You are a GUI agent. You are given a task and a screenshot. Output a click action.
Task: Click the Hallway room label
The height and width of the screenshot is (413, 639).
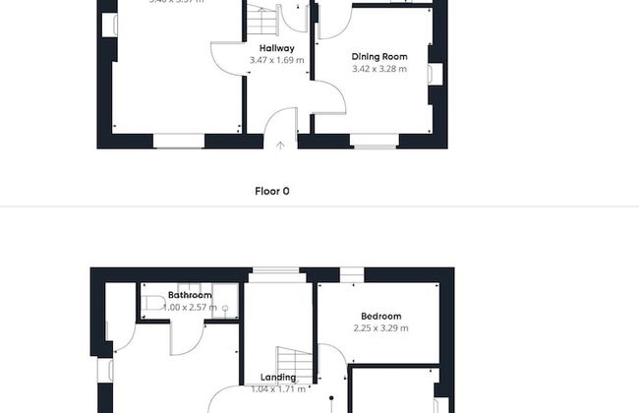pyautogui.click(x=276, y=48)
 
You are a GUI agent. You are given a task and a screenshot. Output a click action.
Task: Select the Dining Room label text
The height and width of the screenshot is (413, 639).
pyautogui.click(x=379, y=57)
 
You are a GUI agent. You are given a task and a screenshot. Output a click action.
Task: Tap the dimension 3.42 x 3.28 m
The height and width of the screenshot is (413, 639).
pyautogui.click(x=379, y=70)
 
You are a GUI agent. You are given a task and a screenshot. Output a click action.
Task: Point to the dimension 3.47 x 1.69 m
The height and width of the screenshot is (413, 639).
pyautogui.click(x=276, y=60)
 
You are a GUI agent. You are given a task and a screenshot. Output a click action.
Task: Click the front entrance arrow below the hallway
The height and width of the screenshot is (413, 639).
pyautogui.click(x=280, y=146)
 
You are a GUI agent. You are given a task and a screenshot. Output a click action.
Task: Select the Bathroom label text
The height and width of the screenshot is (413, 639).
pyautogui.click(x=190, y=295)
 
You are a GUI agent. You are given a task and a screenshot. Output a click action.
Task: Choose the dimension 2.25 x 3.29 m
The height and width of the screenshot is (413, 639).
pyautogui.click(x=381, y=328)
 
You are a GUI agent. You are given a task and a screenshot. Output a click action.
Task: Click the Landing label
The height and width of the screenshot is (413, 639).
pyautogui.click(x=278, y=378)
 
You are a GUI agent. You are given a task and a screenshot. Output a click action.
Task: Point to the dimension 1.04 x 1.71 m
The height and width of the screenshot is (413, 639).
pyautogui.click(x=278, y=390)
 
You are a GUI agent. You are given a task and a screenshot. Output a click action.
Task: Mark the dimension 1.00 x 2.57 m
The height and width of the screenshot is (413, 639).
pyautogui.click(x=190, y=308)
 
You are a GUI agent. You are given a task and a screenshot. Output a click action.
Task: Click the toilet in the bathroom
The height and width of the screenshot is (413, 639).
pyautogui.click(x=153, y=301)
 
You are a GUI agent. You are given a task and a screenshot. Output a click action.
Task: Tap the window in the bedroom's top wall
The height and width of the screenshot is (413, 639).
pyautogui.click(x=351, y=272)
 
